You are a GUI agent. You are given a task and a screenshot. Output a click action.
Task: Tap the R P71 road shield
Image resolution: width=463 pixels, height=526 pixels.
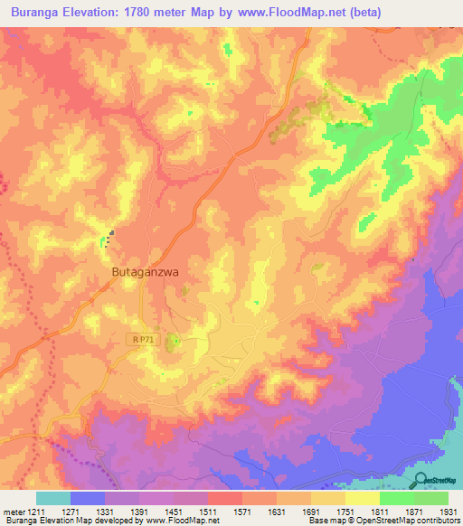[138, 338]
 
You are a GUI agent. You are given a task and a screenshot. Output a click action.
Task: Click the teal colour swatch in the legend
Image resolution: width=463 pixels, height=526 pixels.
[53, 498]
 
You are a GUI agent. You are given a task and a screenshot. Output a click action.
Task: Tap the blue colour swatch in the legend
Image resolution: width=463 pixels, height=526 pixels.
[88, 498]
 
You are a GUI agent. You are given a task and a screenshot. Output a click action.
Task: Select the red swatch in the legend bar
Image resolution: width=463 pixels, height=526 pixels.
[224, 498]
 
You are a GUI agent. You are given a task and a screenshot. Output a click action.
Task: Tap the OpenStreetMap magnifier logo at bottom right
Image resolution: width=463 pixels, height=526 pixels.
[420, 481]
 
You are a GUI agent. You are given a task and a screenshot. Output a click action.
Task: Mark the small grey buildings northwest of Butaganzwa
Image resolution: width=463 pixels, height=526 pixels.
[110, 239]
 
